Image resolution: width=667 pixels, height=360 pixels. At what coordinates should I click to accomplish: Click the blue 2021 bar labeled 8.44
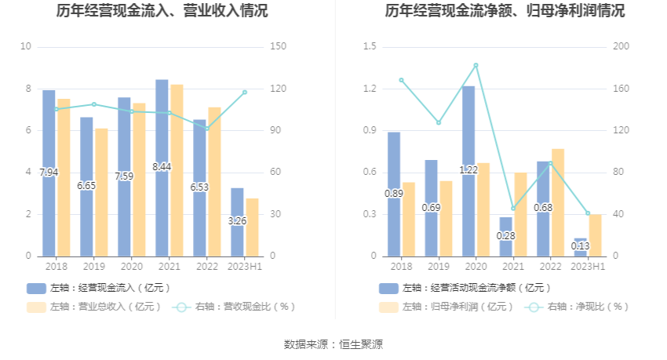(x=162, y=168)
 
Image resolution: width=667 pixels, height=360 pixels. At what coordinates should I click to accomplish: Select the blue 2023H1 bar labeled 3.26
(x=237, y=222)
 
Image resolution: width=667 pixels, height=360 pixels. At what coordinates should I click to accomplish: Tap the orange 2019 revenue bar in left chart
(x=101, y=192)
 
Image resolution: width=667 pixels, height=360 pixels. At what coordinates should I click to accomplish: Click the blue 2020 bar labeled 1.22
(x=468, y=171)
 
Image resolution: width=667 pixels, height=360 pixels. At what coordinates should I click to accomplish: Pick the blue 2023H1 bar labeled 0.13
(x=581, y=247)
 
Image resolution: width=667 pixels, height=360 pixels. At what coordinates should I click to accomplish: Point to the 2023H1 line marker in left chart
(x=245, y=92)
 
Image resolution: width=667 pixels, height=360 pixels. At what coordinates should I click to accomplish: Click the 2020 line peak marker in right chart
(x=476, y=65)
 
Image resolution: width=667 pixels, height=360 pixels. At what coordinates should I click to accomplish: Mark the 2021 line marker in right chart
(x=513, y=208)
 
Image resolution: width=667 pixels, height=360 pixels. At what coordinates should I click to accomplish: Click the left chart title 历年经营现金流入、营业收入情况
(x=162, y=11)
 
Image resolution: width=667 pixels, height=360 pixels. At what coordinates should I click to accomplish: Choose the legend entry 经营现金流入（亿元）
(x=99, y=288)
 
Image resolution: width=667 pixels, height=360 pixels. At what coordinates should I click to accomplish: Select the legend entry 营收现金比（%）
(x=235, y=307)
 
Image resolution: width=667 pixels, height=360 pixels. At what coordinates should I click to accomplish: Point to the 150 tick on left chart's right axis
(x=276, y=47)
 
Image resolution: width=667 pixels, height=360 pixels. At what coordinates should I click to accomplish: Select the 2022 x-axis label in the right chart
(x=551, y=267)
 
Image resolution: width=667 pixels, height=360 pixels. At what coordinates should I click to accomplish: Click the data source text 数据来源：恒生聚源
(x=333, y=344)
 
